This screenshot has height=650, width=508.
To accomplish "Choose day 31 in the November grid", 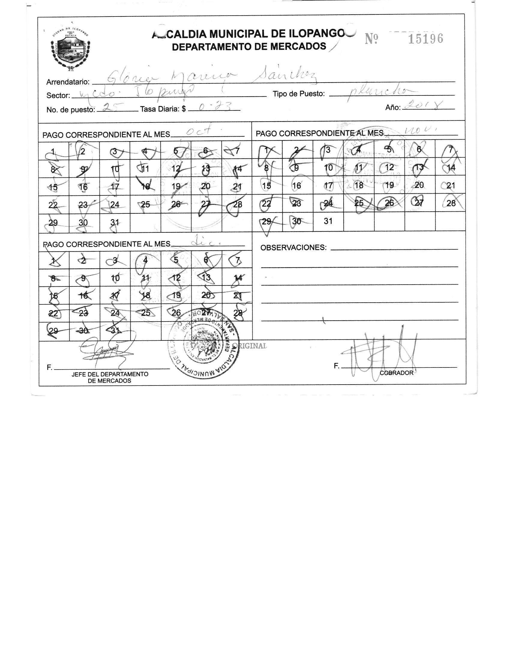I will [328, 221].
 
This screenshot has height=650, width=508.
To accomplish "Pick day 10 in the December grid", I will [115, 278].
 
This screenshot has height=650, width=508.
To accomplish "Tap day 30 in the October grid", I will [83, 222].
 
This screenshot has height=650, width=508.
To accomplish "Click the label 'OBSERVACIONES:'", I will [293, 248].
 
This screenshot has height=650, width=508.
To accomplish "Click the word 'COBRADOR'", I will [396, 373].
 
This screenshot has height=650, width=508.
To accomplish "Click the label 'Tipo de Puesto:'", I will [299, 94].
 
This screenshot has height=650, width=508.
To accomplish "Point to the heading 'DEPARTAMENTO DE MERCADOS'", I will [249, 47].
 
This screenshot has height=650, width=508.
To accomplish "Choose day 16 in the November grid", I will [296, 186].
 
